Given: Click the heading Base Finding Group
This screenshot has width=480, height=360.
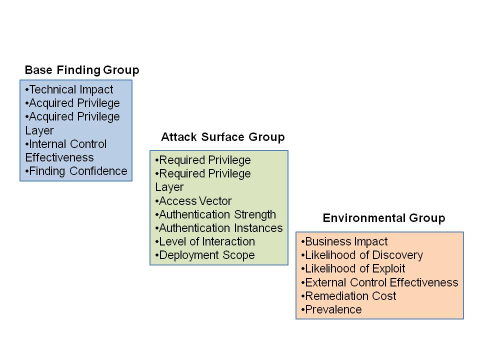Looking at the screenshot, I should coord(82,70).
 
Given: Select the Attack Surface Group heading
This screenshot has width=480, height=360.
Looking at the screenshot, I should coord(222,137).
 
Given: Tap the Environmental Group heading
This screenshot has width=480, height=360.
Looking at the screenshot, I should coord(383,218).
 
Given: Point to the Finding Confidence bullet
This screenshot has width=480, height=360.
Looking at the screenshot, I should coord(77,171).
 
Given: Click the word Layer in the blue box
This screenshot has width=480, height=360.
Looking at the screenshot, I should coord(39,130).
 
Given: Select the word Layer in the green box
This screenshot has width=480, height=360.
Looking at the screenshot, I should coord(169,187).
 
